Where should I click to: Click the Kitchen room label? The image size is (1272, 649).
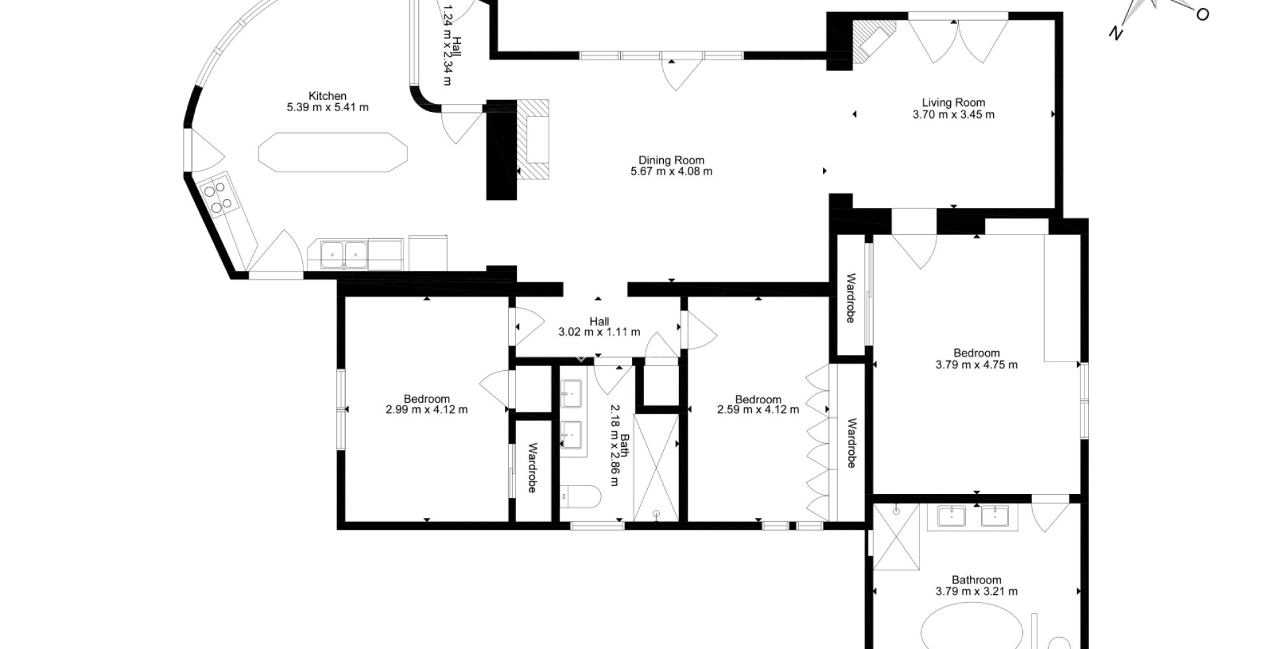327,96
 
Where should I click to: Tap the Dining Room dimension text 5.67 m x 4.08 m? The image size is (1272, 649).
671,172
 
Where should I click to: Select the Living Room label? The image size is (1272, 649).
953,103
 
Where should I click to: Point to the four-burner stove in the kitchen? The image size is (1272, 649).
219,197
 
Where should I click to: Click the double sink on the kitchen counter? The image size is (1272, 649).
344,254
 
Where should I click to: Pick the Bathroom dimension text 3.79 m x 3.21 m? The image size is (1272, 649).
977,591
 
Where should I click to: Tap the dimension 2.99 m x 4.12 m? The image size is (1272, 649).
427,410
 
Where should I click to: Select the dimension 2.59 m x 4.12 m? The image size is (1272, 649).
758,410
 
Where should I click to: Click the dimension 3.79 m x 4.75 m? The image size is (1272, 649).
977,365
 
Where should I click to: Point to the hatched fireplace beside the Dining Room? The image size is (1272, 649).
534,139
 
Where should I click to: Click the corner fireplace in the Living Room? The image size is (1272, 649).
871,40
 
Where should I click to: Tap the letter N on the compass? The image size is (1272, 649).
1116,33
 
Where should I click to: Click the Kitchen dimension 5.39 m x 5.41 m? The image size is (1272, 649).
327,107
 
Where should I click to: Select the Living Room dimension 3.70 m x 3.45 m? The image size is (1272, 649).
953,115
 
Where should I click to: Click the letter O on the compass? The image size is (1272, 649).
1202,15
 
